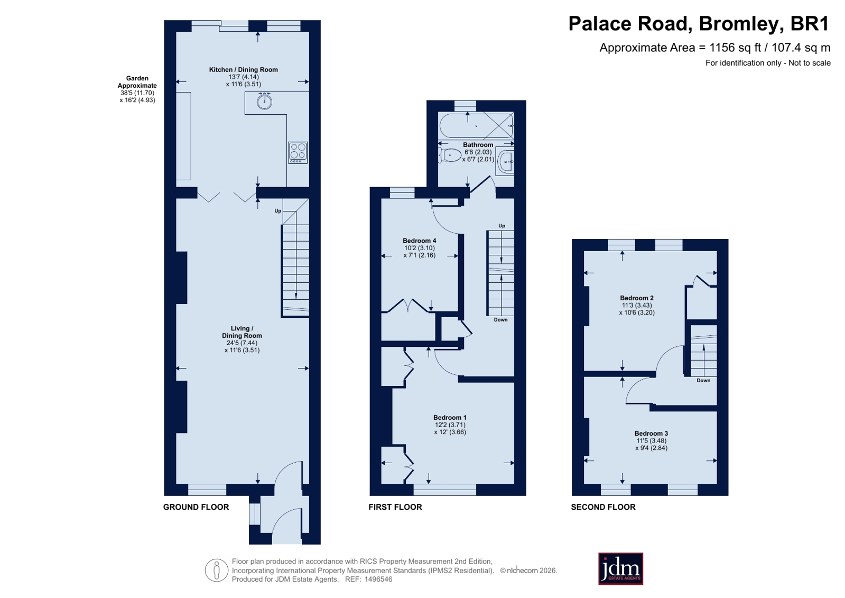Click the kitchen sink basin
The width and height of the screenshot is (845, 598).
[264, 101]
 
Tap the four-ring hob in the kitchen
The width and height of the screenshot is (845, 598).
[298, 152]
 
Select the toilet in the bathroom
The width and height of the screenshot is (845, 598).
[450, 155]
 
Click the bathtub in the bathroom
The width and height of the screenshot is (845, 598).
[477, 125]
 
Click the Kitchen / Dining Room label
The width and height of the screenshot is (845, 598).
[243, 69]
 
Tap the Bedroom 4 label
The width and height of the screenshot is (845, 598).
[420, 241]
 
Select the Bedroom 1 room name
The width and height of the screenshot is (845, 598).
[450, 418]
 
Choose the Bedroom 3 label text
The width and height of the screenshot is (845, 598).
[651, 434]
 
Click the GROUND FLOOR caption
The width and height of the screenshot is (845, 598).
[196, 507]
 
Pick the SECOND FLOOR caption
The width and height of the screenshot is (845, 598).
[603, 507]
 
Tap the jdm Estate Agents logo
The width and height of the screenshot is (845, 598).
[620, 569]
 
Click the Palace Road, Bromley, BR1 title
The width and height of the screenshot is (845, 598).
[699, 24]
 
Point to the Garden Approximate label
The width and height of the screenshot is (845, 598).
[137, 82]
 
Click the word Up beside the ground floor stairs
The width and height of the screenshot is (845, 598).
[277, 211]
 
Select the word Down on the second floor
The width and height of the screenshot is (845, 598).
[703, 381]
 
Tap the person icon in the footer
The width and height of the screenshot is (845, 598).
[217, 570]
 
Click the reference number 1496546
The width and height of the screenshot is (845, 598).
[378, 579]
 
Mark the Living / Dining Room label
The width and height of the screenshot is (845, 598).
[242, 332]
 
